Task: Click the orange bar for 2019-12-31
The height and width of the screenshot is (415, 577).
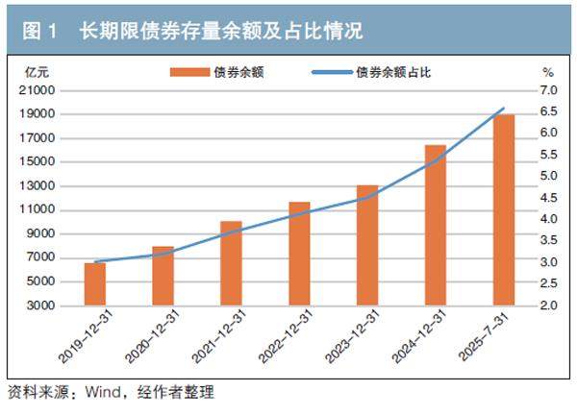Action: tap(94, 284)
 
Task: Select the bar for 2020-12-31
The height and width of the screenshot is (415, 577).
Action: tap(163, 277)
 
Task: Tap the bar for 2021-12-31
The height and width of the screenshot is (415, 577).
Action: tap(231, 263)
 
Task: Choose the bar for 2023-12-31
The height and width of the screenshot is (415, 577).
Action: tap(367, 245)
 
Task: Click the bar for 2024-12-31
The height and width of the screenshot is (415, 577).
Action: tap(436, 225)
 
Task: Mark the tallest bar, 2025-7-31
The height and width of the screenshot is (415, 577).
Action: tap(504, 210)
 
